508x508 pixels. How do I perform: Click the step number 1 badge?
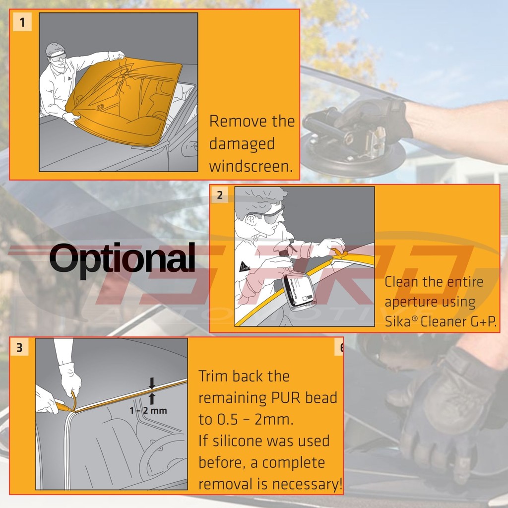22,22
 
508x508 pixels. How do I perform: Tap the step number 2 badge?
220,195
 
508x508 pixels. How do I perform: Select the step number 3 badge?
19,347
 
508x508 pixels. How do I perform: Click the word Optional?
123,258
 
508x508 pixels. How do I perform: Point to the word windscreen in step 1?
251,166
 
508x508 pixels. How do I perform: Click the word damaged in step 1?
242,144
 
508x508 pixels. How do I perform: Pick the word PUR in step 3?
285,398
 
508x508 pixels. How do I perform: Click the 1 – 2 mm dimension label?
148,410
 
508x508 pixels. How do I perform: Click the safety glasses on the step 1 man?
58,57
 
